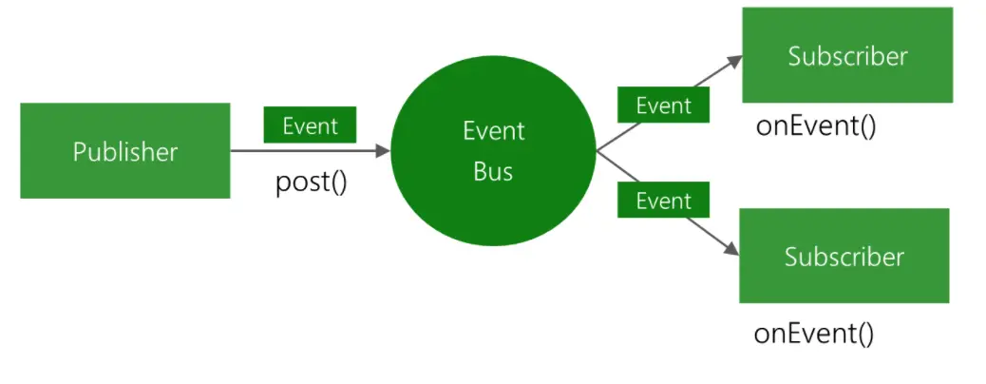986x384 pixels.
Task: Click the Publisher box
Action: (x=124, y=150)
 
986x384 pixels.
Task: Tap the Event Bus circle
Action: (x=493, y=150)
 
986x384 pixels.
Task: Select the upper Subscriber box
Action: (x=847, y=55)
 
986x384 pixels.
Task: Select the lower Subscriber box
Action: (x=844, y=256)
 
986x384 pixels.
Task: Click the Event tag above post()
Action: (x=310, y=125)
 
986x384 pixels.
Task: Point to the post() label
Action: (x=312, y=181)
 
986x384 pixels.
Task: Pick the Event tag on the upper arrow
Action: (x=663, y=106)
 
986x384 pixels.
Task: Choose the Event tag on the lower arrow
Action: (x=663, y=201)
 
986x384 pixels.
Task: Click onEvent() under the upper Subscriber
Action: (x=816, y=125)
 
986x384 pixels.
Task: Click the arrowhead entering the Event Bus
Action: (x=384, y=150)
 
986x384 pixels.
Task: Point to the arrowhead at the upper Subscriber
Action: (x=735, y=59)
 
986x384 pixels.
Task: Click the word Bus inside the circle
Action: (x=493, y=172)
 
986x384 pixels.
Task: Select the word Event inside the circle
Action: (x=493, y=130)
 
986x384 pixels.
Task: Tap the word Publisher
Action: (x=124, y=151)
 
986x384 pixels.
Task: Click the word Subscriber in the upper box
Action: (x=847, y=56)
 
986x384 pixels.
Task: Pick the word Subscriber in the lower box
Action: (x=844, y=257)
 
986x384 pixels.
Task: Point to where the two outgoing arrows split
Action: (x=597, y=151)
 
